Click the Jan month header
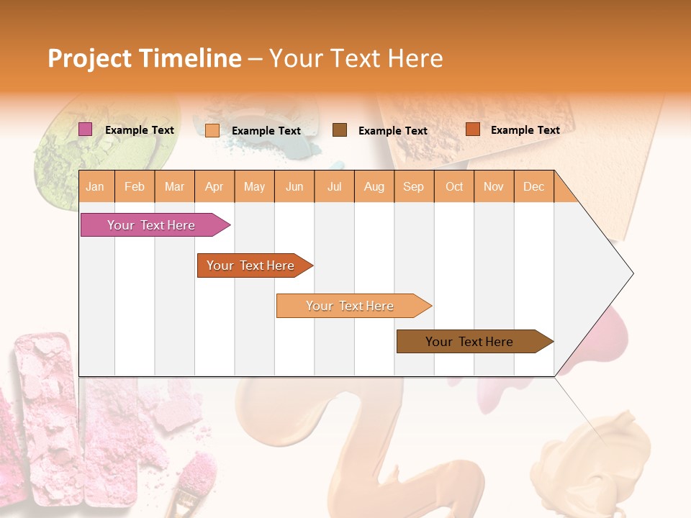click(95, 187)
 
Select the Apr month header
click(214, 187)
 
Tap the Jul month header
click(334, 187)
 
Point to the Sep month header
click(413, 187)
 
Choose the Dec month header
click(533, 187)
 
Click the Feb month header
click(135, 187)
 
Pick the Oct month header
click(454, 187)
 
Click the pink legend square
click(86, 129)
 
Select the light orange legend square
click(212, 130)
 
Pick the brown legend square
click(340, 130)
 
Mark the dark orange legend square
click(473, 129)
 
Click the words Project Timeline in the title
click(144, 58)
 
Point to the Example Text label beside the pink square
click(140, 130)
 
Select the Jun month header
click(294, 187)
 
